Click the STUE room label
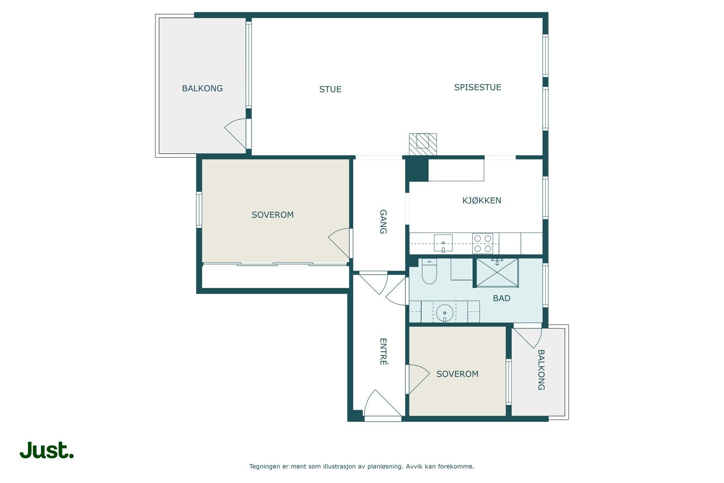click(x=330, y=89)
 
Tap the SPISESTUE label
click(x=477, y=87)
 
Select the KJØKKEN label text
click(x=481, y=201)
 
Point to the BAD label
click(x=501, y=298)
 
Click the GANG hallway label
click(x=383, y=221)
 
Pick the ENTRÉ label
click(x=383, y=352)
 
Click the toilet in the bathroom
click(x=429, y=271)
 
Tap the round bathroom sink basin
click(x=445, y=313)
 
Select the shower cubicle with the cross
click(x=497, y=273)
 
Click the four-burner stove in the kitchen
click(x=482, y=244)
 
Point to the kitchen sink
click(x=443, y=243)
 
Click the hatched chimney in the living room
click(x=423, y=144)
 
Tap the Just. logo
click(x=47, y=450)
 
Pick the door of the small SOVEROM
click(x=419, y=379)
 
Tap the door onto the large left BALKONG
click(x=236, y=133)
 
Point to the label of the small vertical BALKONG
click(x=541, y=370)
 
